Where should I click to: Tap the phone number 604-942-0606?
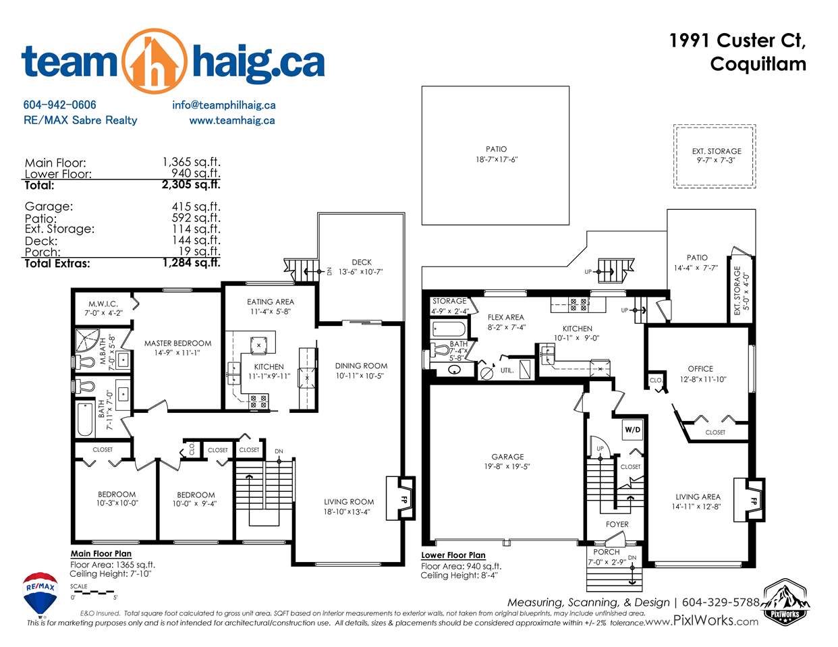(x=60, y=105)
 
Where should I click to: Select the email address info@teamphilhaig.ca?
(x=224, y=105)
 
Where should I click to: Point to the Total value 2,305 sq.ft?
(x=191, y=185)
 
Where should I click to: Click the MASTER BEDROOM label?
(x=177, y=343)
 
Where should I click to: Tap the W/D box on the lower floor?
(x=632, y=430)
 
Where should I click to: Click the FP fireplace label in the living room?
(x=404, y=499)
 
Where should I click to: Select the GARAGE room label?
(x=507, y=457)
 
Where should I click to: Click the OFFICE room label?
(x=700, y=369)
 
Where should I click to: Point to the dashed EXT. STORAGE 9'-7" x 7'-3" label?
(x=716, y=155)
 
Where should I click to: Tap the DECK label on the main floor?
(x=362, y=262)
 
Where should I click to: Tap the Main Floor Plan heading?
(x=101, y=554)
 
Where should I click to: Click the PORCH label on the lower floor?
(x=607, y=552)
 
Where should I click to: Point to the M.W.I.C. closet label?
(x=103, y=304)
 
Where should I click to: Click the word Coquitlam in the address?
(x=758, y=63)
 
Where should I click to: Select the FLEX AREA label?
(x=506, y=317)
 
